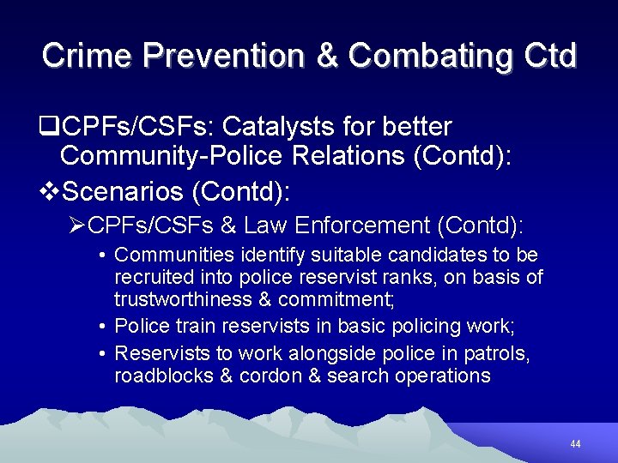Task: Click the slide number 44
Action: click(575, 444)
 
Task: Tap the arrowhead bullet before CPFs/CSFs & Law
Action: click(78, 225)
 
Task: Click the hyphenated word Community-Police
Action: click(171, 156)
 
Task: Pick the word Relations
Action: click(344, 156)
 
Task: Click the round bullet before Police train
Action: click(101, 327)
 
